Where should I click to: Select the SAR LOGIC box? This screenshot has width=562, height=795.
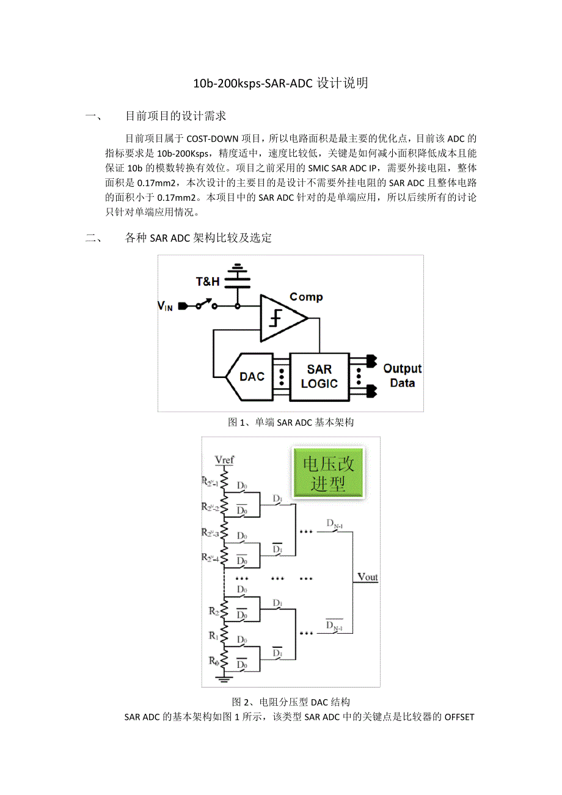click(x=319, y=376)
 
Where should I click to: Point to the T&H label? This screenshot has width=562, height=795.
click(x=208, y=281)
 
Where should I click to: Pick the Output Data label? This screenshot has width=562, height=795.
click(x=402, y=376)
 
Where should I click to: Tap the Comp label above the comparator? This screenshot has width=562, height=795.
click(x=306, y=297)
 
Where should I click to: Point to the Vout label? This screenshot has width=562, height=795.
click(x=368, y=577)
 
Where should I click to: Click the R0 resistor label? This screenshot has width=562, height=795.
click(x=212, y=661)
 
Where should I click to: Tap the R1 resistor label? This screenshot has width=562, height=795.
click(x=213, y=636)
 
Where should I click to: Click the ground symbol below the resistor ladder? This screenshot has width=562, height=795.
click(x=225, y=677)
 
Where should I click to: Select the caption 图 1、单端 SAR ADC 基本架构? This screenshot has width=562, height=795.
click(x=290, y=422)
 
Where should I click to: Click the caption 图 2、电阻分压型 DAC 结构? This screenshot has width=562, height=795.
click(x=290, y=702)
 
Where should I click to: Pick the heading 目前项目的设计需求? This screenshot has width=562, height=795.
click(x=175, y=116)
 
